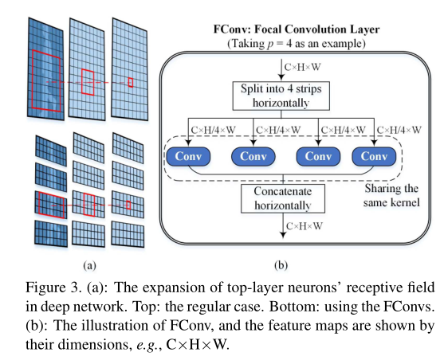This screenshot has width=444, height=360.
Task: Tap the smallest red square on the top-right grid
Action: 131,81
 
